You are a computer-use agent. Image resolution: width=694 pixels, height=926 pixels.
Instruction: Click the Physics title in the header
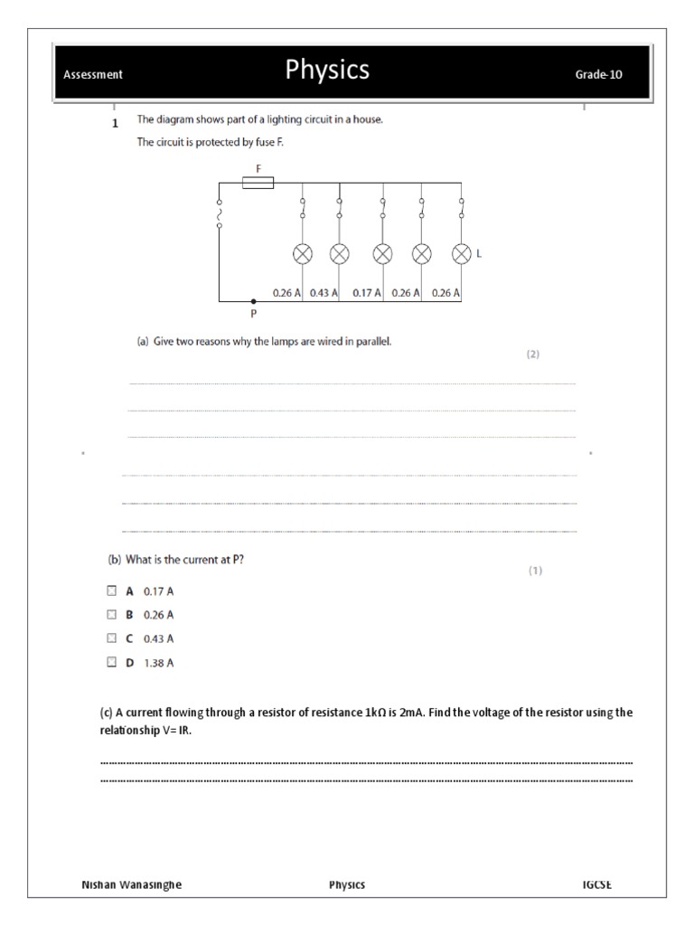pyautogui.click(x=327, y=71)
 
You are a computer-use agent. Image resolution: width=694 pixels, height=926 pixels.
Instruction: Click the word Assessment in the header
pyautogui.click(x=93, y=75)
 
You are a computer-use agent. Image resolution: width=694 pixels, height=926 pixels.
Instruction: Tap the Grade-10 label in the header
pyautogui.click(x=598, y=75)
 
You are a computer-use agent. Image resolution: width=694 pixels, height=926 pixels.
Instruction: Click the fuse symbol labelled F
pyautogui.click(x=259, y=183)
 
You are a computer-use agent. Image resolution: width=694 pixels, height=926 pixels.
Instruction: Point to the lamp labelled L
pyautogui.click(x=462, y=254)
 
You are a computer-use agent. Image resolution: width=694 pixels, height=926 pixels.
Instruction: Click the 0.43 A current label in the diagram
pyautogui.click(x=324, y=293)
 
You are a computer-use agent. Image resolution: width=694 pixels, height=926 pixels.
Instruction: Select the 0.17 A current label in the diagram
pyautogui.click(x=367, y=293)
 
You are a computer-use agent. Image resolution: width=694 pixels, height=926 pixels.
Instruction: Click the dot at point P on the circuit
pyautogui.click(x=253, y=301)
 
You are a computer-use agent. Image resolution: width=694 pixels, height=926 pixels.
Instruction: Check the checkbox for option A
pyautogui.click(x=111, y=591)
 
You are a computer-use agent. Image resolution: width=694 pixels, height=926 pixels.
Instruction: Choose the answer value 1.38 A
pyautogui.click(x=159, y=663)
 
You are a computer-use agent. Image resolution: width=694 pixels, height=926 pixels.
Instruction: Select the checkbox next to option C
pyautogui.click(x=111, y=638)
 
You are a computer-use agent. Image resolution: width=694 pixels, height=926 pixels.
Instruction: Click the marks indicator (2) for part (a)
pyautogui.click(x=533, y=354)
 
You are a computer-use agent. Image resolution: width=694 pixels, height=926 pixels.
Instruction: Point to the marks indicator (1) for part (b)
pyautogui.click(x=535, y=571)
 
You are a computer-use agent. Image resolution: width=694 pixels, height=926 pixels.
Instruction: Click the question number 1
pyautogui.click(x=115, y=125)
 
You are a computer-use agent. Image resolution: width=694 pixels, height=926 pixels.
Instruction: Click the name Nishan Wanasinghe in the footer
pyautogui.click(x=132, y=884)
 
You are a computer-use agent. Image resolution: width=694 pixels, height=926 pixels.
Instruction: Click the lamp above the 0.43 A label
pyautogui.click(x=339, y=254)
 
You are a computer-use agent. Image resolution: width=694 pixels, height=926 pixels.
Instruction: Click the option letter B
pyautogui.click(x=129, y=615)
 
